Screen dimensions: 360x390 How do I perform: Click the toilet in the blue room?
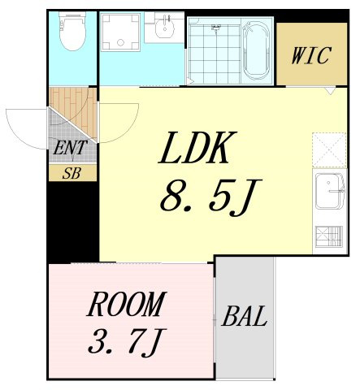[x=72, y=30]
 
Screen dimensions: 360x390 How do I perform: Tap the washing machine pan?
[x=120, y=32]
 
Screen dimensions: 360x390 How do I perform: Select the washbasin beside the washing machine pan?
[x=165, y=27]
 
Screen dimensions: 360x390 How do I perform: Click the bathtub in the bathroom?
[x=256, y=50]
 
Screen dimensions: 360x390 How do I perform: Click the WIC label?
[x=311, y=55]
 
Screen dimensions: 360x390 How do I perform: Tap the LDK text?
[x=197, y=148]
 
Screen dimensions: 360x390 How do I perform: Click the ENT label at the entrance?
[x=70, y=148]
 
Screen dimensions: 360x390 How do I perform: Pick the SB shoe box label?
[x=72, y=173]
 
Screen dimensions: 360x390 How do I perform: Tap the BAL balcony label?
[x=245, y=316]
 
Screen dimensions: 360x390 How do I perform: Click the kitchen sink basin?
[x=329, y=190]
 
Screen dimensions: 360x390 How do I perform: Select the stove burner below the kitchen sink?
[x=329, y=236]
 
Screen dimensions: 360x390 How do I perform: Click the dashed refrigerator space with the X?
[x=329, y=149]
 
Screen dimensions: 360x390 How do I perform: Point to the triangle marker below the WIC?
[x=330, y=90]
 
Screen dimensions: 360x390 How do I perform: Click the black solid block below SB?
[x=73, y=222]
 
